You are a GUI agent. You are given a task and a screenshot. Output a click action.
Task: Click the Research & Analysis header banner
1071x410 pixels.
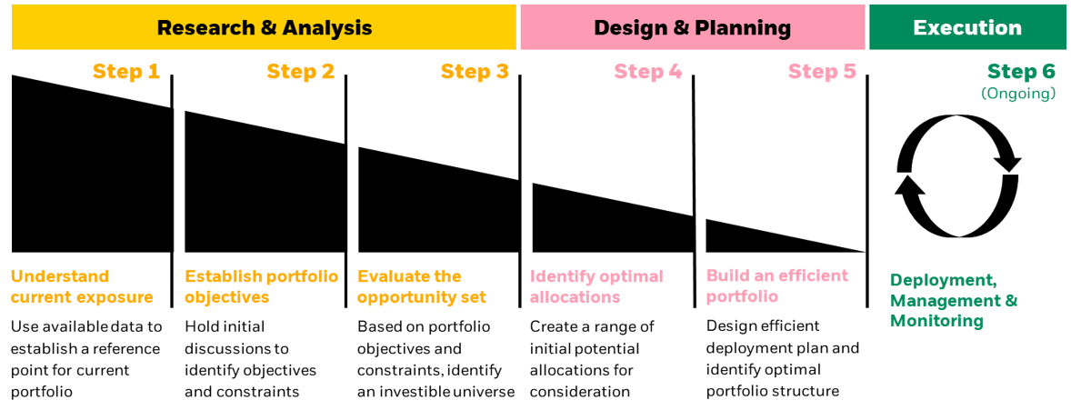pyautogui.click(x=264, y=27)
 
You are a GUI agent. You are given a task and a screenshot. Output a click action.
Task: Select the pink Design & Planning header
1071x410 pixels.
pyautogui.click(x=692, y=27)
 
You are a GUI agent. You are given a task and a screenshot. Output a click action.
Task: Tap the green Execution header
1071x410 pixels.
pyautogui.click(x=966, y=27)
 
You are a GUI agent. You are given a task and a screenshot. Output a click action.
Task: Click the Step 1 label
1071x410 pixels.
pyautogui.click(x=126, y=72)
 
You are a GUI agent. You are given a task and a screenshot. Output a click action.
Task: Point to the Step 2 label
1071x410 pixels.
pyautogui.click(x=300, y=72)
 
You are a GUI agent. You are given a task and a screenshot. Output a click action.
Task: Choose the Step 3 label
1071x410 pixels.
pyautogui.click(x=475, y=72)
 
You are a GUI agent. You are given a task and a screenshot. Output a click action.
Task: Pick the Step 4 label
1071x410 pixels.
pyautogui.click(x=648, y=72)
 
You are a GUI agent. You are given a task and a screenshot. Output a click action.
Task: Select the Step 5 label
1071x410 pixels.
pyautogui.click(x=822, y=72)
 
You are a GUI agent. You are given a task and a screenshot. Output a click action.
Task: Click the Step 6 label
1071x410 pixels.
pyautogui.click(x=1021, y=72)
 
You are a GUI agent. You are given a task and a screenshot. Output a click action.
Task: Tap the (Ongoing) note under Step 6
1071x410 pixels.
pyautogui.click(x=1018, y=94)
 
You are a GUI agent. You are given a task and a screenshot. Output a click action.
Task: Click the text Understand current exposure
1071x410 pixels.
pyautogui.click(x=82, y=286)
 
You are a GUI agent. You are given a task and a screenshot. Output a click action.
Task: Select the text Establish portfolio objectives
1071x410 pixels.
pyautogui.click(x=261, y=286)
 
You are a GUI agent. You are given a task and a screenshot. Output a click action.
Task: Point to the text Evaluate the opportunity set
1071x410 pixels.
pyautogui.click(x=422, y=286)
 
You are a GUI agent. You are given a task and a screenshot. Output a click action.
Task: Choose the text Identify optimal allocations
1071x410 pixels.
pyautogui.click(x=596, y=286)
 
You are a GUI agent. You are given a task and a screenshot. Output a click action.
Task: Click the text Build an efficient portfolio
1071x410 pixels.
pyautogui.click(x=776, y=285)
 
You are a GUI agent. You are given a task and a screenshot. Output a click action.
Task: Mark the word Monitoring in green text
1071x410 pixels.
pyautogui.click(x=936, y=321)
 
